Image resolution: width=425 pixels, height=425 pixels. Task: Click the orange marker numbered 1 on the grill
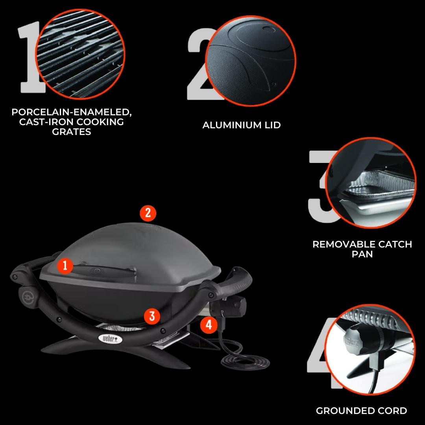tap(65, 266)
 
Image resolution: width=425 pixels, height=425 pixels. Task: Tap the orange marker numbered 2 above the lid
tap(148, 213)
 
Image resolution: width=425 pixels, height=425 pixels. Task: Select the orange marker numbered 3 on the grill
tap(152, 316)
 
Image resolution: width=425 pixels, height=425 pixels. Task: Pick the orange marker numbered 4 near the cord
tap(209, 325)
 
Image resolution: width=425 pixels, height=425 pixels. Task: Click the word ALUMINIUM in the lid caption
tap(229, 125)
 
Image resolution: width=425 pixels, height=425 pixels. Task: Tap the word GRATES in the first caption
tap(72, 132)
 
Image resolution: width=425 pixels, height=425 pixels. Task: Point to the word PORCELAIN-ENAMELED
tap(72, 112)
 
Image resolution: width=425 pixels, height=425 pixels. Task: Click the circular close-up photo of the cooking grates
tap(80, 54)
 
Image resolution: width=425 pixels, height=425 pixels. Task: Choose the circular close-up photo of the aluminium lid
tap(250, 61)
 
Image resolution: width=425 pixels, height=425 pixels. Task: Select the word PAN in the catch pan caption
tap(362, 254)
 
